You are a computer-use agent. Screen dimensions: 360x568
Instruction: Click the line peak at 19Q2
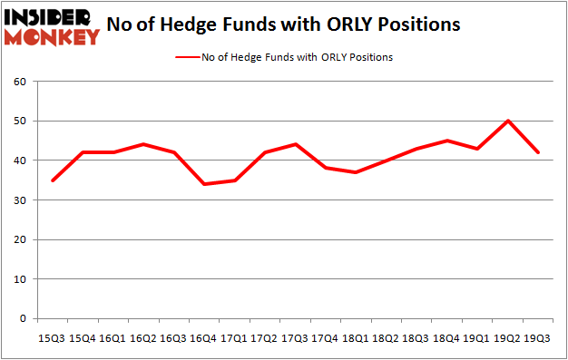coord(507,121)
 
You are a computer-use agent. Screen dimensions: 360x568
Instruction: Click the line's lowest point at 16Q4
coord(204,184)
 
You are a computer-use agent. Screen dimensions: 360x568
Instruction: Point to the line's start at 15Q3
coord(53,180)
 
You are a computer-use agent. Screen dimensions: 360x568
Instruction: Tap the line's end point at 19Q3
coord(538,152)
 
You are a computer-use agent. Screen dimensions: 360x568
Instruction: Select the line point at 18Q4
coord(446,141)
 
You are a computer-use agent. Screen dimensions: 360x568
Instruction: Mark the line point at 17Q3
coord(295,144)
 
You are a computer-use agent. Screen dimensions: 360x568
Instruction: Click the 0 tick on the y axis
coord(27,319)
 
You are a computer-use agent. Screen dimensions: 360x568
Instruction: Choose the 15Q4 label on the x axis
coord(83,338)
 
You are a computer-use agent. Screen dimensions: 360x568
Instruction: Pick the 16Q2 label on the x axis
coord(143,338)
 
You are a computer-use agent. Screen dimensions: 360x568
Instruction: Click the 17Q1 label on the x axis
coord(234,338)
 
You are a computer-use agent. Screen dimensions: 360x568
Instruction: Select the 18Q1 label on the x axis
coord(356,338)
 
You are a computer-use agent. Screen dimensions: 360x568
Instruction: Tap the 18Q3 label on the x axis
coord(416,338)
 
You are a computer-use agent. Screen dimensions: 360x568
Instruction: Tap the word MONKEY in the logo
coord(52,37)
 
